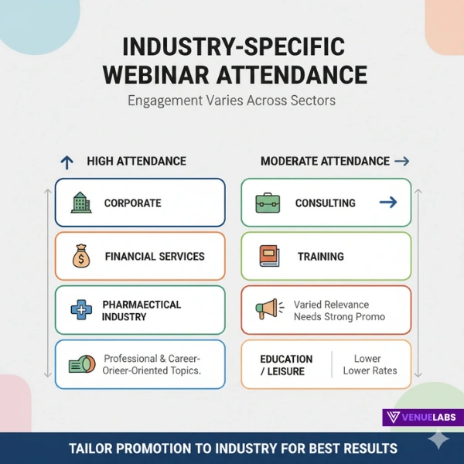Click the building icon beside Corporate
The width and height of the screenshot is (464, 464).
click(x=80, y=203)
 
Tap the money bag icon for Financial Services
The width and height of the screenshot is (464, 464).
click(x=80, y=256)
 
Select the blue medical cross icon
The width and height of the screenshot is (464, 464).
click(x=80, y=310)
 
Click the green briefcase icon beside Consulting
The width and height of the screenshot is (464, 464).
click(x=268, y=203)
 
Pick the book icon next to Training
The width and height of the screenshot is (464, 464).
click(x=269, y=256)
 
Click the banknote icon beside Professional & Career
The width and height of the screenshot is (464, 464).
click(x=81, y=364)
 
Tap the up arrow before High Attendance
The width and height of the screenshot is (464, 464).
click(x=67, y=162)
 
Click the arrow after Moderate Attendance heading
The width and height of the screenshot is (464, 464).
click(x=401, y=161)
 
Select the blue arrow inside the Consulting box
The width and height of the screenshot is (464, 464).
click(x=388, y=203)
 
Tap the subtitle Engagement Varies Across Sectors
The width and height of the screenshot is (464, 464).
click(x=231, y=101)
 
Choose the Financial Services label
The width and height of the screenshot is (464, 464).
click(x=155, y=256)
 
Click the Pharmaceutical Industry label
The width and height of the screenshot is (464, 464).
click(x=141, y=310)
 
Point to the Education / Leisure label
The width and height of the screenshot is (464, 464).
click(x=286, y=365)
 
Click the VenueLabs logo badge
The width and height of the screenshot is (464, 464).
click(x=422, y=418)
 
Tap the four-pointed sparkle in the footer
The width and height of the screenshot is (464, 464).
click(x=438, y=440)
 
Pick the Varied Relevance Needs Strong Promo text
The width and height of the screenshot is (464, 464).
click(x=339, y=310)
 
